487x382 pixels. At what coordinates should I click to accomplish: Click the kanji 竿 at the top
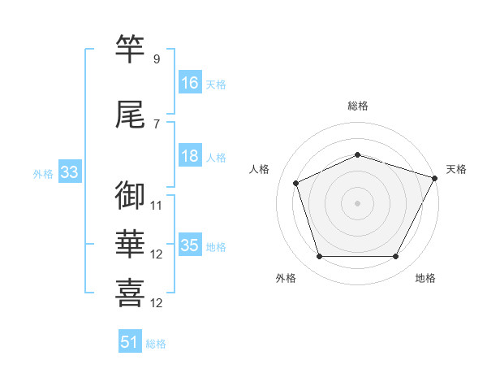pos(131,49)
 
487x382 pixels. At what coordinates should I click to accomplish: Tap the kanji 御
pos(131,196)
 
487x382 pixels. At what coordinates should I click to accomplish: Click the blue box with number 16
pos(190,82)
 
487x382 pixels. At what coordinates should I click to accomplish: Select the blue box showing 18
pos(190,156)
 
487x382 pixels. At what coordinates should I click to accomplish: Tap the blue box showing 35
pos(190,245)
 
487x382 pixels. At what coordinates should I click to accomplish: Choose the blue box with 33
pos(69,172)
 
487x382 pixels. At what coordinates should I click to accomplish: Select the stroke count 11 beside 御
pos(157,206)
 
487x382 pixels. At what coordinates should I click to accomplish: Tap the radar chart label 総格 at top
pos(357,106)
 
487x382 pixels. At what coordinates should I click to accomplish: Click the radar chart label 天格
pos(456,169)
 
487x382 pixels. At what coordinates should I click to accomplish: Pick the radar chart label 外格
pos(286,278)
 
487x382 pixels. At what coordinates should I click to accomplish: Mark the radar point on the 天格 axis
pos(435,177)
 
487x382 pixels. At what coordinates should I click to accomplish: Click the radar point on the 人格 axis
pos(296,183)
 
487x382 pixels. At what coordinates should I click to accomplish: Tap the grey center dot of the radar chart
pos(357,202)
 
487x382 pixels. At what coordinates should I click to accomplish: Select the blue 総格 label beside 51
pos(156,344)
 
